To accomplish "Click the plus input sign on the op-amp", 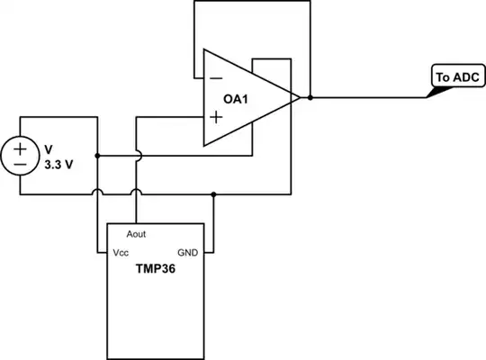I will coord(216,116).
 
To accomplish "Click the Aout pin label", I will coord(137,234).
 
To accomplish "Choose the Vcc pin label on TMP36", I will coord(121,253).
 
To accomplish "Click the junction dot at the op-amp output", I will coord(310,96).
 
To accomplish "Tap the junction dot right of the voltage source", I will coord(96,155).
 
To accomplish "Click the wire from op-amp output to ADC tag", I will coord(369,96).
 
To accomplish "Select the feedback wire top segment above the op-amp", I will coord(252,3).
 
